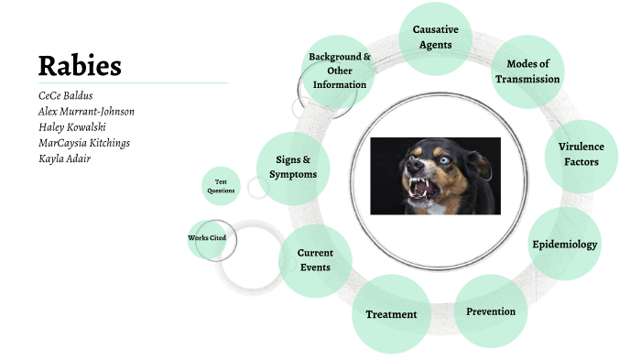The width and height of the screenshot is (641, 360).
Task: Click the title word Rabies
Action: point(80,65)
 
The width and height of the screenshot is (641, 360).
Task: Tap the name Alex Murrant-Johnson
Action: point(86,111)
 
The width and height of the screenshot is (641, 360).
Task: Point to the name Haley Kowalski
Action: point(74,127)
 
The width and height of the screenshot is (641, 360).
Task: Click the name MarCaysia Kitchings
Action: point(84,144)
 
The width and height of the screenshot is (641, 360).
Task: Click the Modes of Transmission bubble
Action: point(527,71)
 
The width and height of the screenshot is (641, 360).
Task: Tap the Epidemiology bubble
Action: point(565,244)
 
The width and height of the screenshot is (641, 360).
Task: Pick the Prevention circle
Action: point(490,311)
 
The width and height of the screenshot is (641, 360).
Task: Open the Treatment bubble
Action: point(392,314)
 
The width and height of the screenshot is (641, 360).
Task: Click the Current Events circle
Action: point(315,260)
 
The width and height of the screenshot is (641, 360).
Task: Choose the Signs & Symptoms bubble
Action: point(293,167)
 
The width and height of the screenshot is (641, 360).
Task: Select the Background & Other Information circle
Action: point(339,71)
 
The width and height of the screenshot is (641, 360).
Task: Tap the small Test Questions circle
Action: point(221,186)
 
